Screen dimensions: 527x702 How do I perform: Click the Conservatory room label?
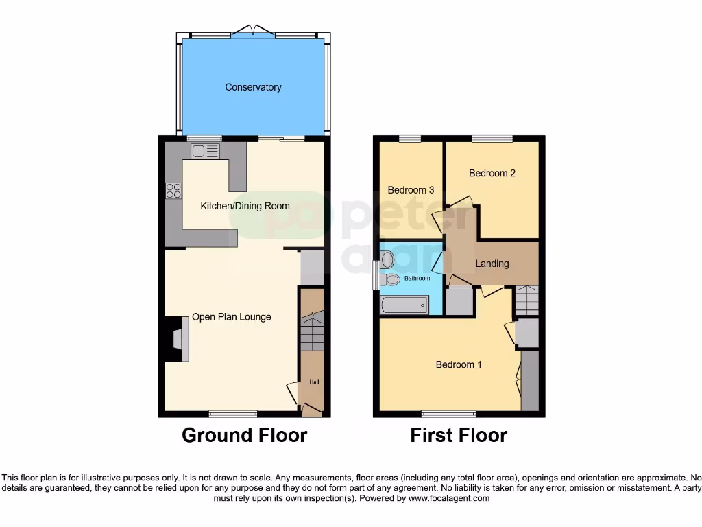tap(253, 87)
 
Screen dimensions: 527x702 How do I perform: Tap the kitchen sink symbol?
tap(205, 151)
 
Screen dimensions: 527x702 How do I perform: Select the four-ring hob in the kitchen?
tap(173, 191)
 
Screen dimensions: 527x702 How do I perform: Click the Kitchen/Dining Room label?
tap(245, 206)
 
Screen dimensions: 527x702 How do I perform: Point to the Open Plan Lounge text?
tap(231, 316)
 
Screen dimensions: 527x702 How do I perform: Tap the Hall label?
tap(314, 382)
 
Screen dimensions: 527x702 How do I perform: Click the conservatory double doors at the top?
tap(253, 31)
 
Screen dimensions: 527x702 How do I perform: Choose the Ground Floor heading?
tap(244, 435)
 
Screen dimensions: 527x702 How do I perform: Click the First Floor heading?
tap(459, 435)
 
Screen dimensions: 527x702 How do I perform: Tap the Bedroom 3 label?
tap(411, 190)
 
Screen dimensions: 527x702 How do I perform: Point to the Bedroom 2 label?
tap(492, 173)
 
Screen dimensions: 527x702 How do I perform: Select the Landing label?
tap(492, 263)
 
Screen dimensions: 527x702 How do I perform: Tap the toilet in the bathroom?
tap(389, 279)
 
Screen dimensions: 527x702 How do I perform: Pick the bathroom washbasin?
tap(387, 259)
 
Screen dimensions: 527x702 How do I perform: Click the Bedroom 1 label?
tap(459, 364)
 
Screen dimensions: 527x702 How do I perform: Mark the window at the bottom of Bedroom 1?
tap(448, 414)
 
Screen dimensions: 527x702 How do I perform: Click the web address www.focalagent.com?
tap(448, 498)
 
